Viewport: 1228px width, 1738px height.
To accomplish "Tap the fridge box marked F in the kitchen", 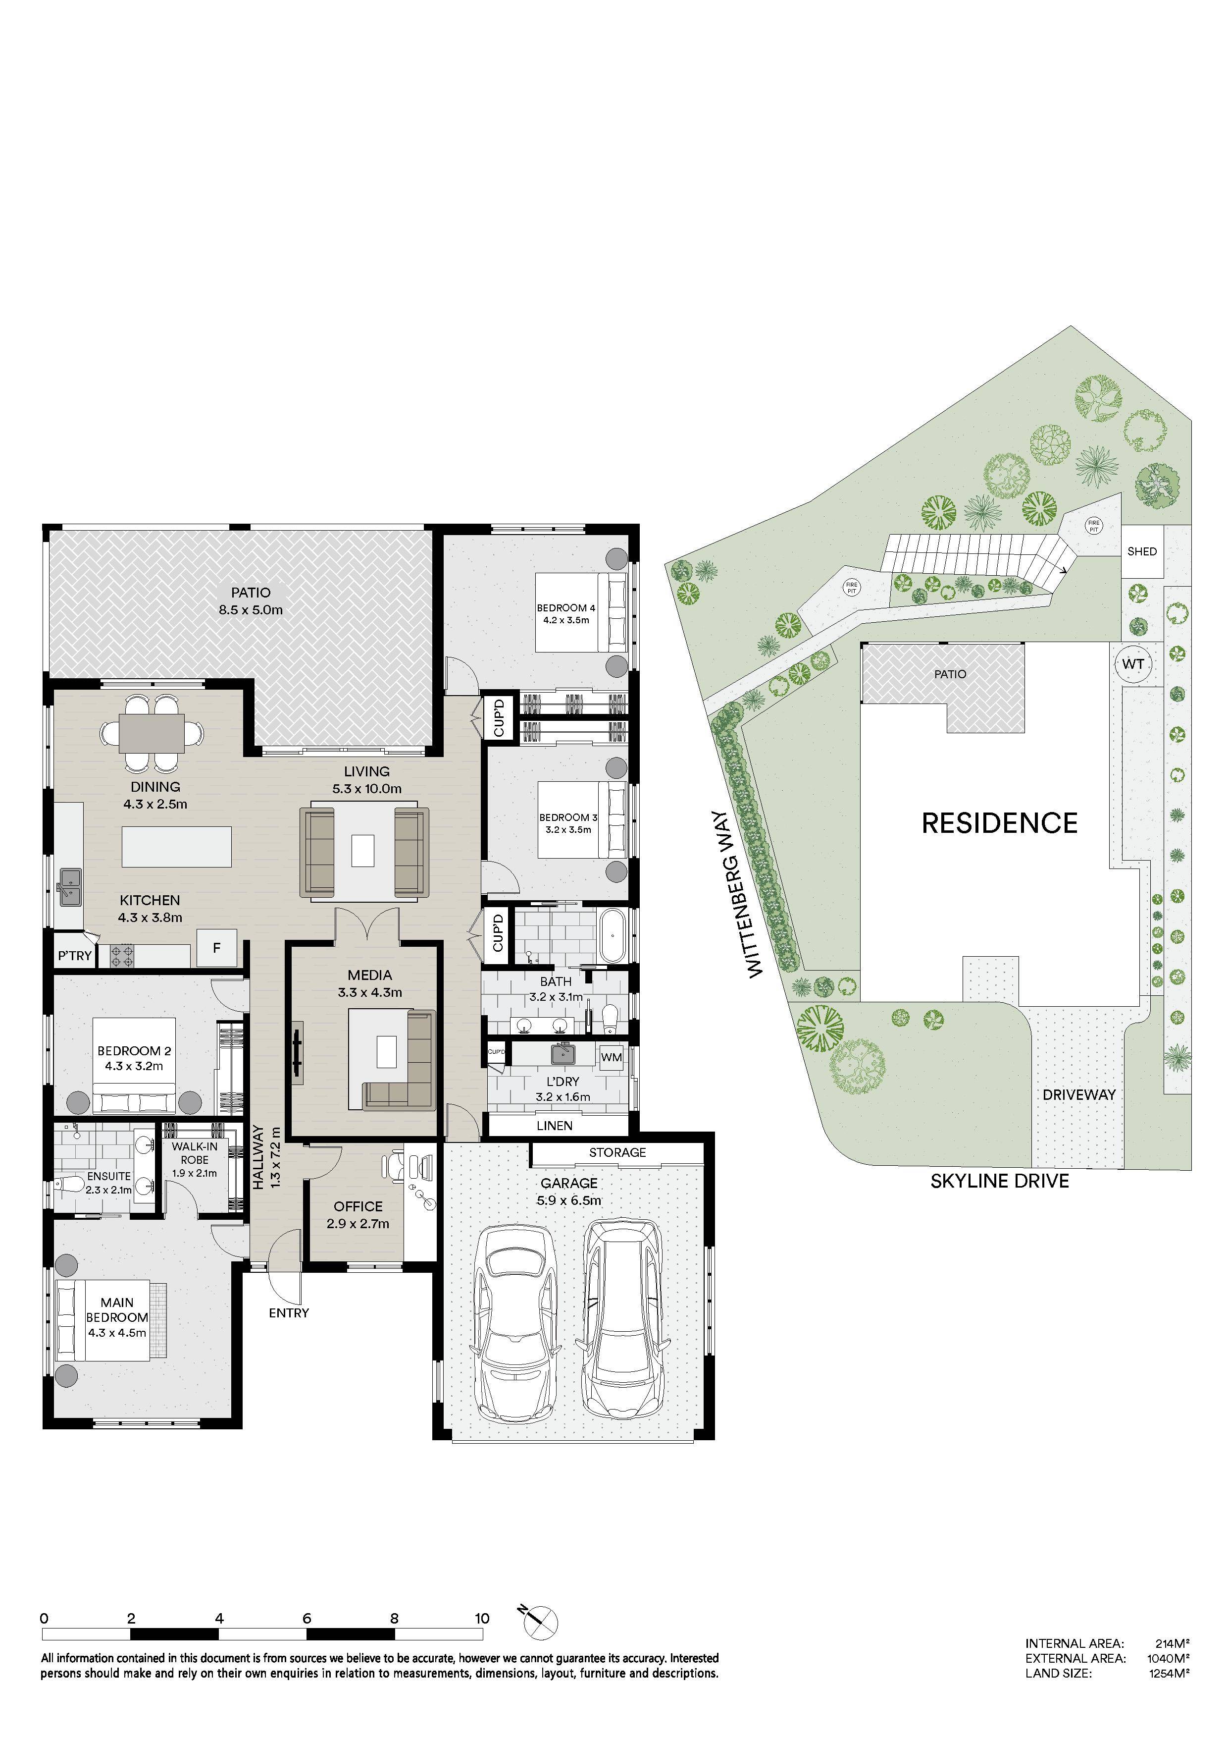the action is click(x=216, y=948).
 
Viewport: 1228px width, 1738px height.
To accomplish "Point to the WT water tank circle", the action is click(x=1132, y=664).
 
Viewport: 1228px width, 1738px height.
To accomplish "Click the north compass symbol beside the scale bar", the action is click(x=539, y=1622).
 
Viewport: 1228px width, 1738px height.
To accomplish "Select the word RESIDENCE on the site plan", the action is click(x=999, y=823).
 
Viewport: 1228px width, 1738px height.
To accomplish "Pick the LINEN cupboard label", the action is click(x=555, y=1126).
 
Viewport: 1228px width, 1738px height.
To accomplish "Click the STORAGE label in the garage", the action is click(x=617, y=1152).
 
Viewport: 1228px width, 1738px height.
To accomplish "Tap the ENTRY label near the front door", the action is click(x=289, y=1312).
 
